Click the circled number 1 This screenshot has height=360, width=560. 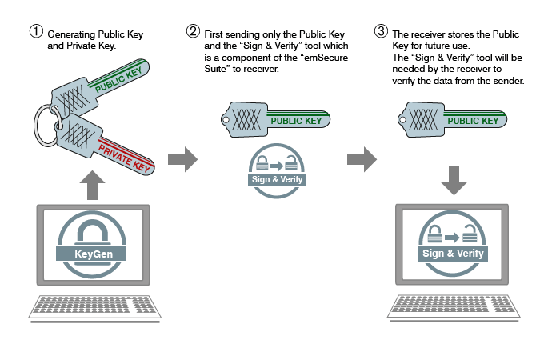[x=36, y=31]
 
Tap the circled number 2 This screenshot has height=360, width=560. [x=193, y=31]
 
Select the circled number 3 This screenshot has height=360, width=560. [x=381, y=31]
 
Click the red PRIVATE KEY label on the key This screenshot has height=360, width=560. [x=123, y=158]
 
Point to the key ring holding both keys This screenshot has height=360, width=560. [x=36, y=125]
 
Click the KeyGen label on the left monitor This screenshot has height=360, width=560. [x=94, y=254]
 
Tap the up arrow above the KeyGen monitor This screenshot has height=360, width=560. [x=92, y=185]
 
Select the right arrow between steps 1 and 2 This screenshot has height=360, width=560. [x=182, y=159]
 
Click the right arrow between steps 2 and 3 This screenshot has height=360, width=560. [x=362, y=159]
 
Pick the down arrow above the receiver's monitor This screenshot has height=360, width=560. [x=454, y=180]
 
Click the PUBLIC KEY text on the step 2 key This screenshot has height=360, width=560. [x=296, y=121]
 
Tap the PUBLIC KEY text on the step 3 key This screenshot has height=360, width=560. [x=473, y=121]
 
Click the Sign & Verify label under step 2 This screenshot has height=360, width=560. [x=277, y=179]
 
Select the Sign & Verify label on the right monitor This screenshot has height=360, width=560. [x=453, y=254]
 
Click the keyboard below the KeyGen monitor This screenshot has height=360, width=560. [x=94, y=307]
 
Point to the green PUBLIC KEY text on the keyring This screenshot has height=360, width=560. [x=118, y=80]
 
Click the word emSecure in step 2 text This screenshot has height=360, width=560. [x=326, y=58]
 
